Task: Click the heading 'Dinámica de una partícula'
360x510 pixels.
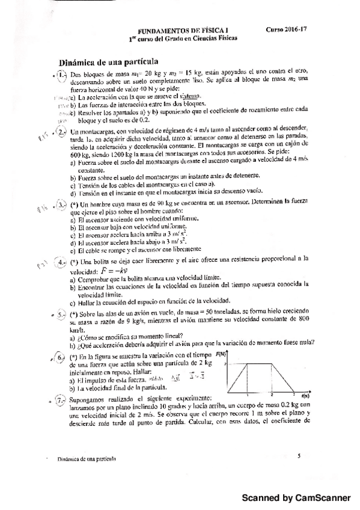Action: click(x=108, y=62)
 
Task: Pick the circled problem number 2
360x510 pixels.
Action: click(x=63, y=131)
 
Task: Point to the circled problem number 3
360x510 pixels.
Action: click(x=63, y=206)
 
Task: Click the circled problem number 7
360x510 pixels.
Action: click(x=63, y=399)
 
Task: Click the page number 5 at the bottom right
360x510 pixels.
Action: click(x=299, y=456)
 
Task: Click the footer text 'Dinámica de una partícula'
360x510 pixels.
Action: click(x=83, y=458)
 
